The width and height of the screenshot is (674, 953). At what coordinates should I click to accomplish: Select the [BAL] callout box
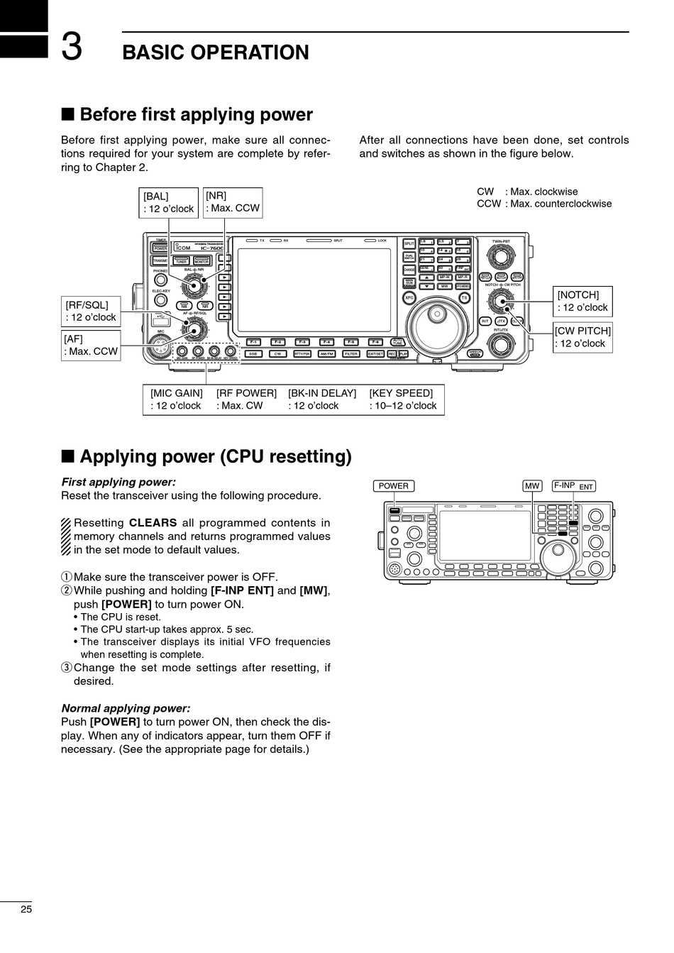168,202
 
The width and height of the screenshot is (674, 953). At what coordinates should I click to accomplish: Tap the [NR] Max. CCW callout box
233,202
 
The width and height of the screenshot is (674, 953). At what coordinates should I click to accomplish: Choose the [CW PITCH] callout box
582,337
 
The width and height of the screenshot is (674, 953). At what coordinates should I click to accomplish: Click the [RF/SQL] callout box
90,311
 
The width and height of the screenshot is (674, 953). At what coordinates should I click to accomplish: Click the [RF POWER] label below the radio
246,393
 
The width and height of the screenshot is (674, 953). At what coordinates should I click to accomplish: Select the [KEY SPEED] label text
401,393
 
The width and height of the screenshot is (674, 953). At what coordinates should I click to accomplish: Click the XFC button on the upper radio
409,298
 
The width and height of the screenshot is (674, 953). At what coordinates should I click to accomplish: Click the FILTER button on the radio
351,353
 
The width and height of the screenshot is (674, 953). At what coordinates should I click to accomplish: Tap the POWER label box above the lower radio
393,486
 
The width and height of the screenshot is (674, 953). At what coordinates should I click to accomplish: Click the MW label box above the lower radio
532,486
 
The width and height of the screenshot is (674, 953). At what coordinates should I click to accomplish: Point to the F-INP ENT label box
573,486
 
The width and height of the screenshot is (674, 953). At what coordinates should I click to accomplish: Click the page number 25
26,909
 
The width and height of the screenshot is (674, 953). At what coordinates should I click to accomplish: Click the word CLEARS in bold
153,523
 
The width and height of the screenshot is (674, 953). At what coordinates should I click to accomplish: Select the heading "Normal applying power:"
126,708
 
